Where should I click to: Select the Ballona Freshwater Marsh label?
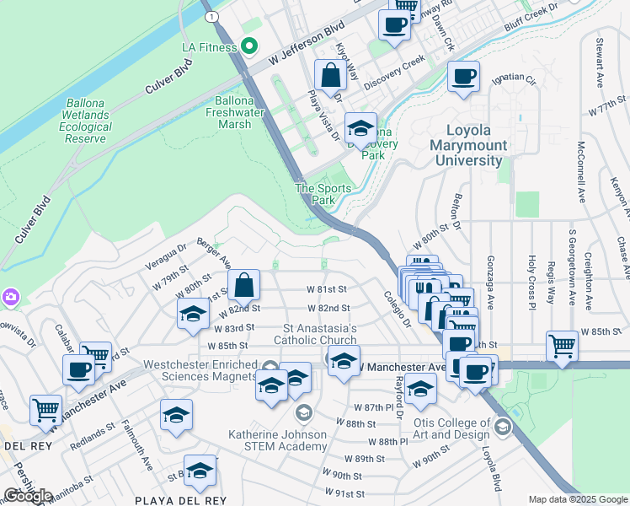(229, 112)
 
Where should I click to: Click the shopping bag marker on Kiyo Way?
(332, 76)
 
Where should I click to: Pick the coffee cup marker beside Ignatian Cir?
(463, 78)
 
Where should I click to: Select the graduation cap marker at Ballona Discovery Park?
(360, 129)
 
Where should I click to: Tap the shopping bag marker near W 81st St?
(243, 287)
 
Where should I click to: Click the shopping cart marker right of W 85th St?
(561, 346)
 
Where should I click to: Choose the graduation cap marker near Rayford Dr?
(420, 390)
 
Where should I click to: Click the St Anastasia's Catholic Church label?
(320, 334)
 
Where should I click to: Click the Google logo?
(28, 496)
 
